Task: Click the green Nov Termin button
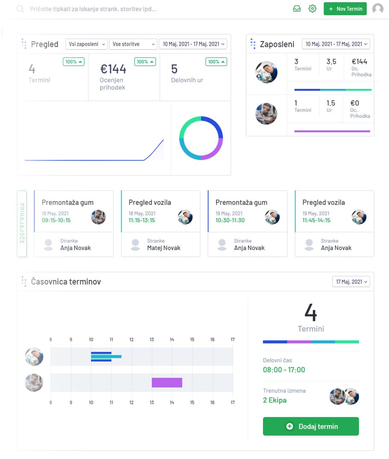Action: pyautogui.click(x=345, y=9)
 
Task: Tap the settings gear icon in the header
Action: pyautogui.click(x=312, y=9)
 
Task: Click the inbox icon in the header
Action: pyautogui.click(x=297, y=9)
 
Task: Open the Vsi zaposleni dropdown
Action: pyautogui.click(x=86, y=44)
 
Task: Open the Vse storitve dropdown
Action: pyautogui.click(x=133, y=44)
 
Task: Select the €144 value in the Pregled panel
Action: pyautogui.click(x=113, y=69)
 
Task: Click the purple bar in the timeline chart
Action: pyautogui.click(x=167, y=382)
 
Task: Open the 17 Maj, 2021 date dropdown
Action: pyautogui.click(x=351, y=282)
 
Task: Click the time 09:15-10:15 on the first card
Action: pyautogui.click(x=56, y=221)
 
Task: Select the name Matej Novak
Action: pyautogui.click(x=164, y=248)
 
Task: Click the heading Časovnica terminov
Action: pyautogui.click(x=66, y=282)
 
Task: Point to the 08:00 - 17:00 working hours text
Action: pyautogui.click(x=284, y=370)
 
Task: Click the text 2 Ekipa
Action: pyautogui.click(x=274, y=400)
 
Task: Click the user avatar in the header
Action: pyautogui.click(x=377, y=9)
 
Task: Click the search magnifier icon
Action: pyautogui.click(x=20, y=9)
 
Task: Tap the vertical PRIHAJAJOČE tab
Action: pyautogui.click(x=22, y=224)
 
